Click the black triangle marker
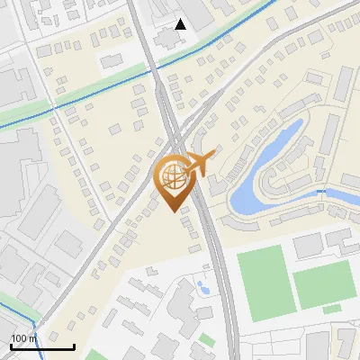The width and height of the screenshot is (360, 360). [x=181, y=24]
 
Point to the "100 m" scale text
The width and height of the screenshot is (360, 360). [x=23, y=338]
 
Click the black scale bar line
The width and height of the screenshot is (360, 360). [x=42, y=346]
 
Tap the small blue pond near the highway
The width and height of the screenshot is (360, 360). [x=202, y=288]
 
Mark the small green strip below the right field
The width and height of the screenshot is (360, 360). [x=332, y=309]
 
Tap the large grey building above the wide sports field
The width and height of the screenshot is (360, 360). [x=307, y=244]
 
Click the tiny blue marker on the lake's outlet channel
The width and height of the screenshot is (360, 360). [x=321, y=192]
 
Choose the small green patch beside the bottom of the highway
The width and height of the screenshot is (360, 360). [x=207, y=339]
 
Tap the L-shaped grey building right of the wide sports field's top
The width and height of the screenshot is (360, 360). [x=339, y=240]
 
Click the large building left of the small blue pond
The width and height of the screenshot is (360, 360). [x=176, y=301]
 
